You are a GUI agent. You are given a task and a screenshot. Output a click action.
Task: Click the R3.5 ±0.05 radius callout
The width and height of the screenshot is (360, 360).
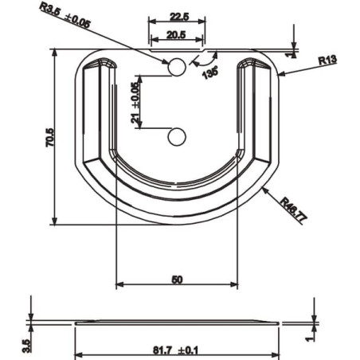coord(65,15)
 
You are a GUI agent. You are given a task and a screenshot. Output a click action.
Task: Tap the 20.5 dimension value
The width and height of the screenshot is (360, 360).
coord(176,34)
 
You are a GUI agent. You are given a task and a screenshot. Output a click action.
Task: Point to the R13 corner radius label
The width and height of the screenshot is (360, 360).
coord(327,60)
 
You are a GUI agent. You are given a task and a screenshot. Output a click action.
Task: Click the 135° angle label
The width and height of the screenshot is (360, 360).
coord(210,72)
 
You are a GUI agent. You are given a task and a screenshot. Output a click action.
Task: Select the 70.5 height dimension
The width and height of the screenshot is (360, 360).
coord(49,138)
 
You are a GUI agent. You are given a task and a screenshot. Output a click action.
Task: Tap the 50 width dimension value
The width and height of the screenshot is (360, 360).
coord(177,280)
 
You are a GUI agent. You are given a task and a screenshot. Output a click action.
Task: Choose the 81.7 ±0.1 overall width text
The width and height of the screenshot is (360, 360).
coord(175,350)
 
